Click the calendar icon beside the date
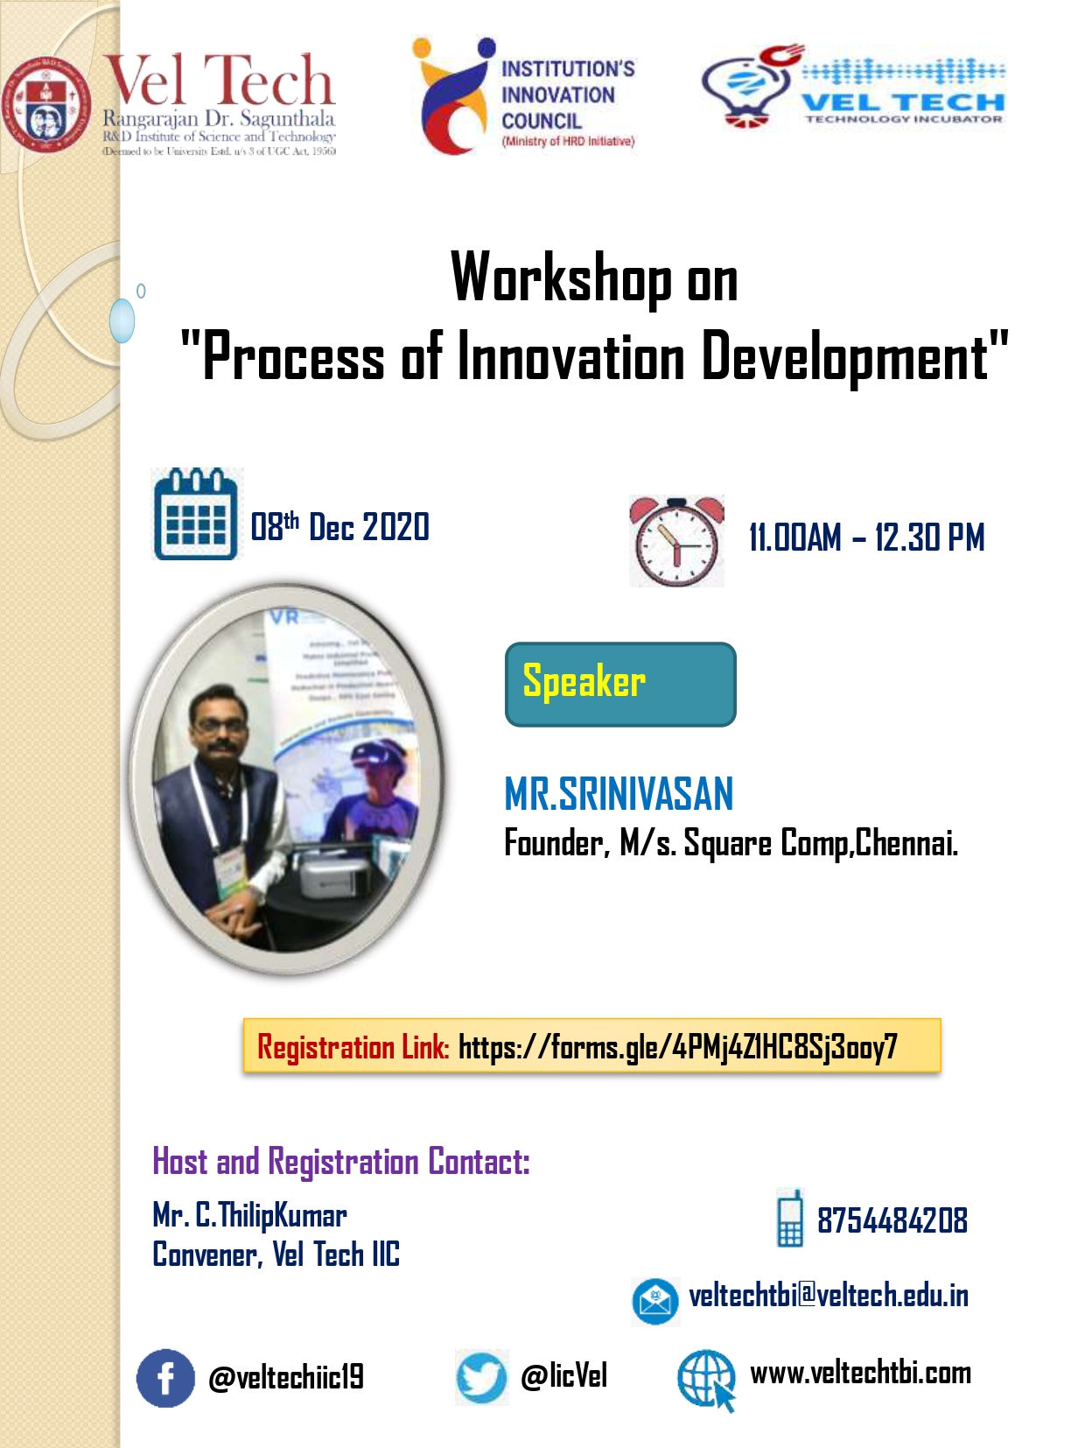coord(195,515)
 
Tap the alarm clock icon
coord(676,541)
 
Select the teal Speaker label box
coord(620,685)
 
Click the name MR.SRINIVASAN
coord(619,794)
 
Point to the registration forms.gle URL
coord(677,1046)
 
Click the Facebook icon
coord(165,1378)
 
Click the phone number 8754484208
coord(892,1220)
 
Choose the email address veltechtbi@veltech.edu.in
coord(828,1295)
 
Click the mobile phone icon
coord(789,1218)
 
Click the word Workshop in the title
coord(561,278)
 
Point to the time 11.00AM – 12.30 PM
coord(866,538)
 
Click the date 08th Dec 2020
coord(339,527)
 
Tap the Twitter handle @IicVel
coord(563,1376)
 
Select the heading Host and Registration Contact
coord(341,1162)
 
